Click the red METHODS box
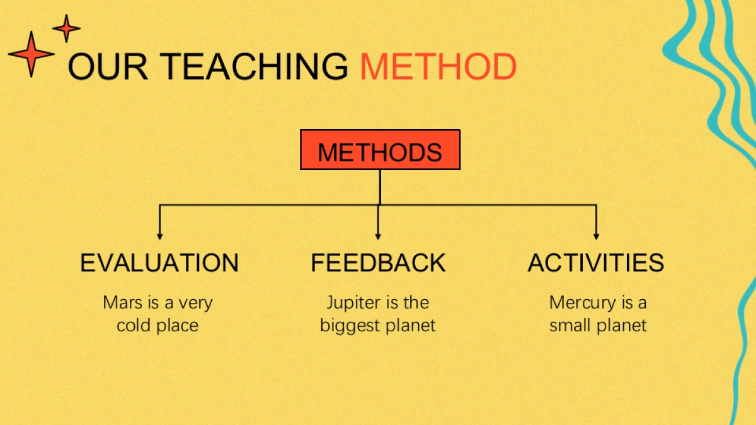380,149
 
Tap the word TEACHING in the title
254,67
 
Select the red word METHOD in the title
438,67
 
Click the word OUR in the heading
108,67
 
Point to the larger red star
31,54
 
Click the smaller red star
67,28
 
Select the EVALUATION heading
159,263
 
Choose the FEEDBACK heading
378,263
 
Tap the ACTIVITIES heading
596,263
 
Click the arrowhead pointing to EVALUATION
160,237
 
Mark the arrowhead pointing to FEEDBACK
378,237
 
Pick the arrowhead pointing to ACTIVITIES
597,237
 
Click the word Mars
123,302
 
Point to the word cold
134,325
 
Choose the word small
570,325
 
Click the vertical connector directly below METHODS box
380,187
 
